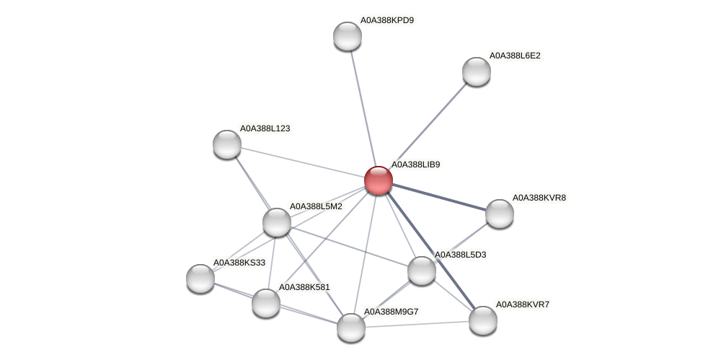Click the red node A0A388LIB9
(x=378, y=180)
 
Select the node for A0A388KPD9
(x=347, y=36)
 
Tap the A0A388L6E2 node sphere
(x=476, y=71)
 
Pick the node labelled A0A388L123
(x=227, y=144)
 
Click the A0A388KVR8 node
(x=499, y=214)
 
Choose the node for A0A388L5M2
(x=276, y=222)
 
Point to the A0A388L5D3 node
(x=421, y=271)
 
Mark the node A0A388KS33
(x=200, y=278)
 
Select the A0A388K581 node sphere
(x=265, y=302)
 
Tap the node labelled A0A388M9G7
(x=351, y=327)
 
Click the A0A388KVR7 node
(x=482, y=320)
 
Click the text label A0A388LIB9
(x=415, y=164)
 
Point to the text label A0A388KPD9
(x=387, y=20)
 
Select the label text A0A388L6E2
(x=515, y=56)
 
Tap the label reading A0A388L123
(x=265, y=128)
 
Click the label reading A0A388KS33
(x=239, y=263)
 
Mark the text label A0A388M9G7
(x=391, y=312)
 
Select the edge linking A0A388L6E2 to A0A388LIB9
(x=428, y=125)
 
